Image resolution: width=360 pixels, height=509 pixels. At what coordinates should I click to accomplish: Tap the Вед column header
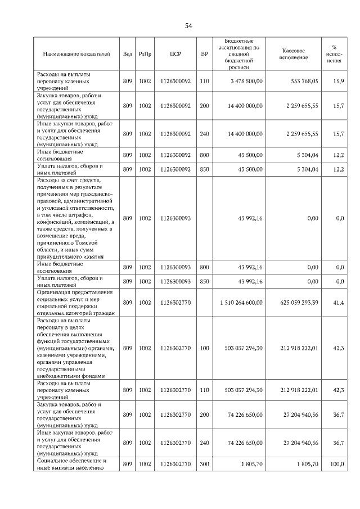(128, 55)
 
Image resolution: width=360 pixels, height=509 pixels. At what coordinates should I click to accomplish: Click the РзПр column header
(145, 55)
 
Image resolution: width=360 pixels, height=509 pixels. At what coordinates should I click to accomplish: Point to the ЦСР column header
(175, 55)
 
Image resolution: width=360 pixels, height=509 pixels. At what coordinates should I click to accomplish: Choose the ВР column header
(204, 55)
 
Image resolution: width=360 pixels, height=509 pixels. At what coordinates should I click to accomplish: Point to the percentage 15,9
(338, 81)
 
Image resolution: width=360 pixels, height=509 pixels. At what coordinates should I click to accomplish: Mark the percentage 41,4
(338, 303)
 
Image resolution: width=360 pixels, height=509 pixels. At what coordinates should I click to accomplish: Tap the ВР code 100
(204, 348)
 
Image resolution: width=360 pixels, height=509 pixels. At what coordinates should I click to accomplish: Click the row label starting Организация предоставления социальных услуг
(75, 303)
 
